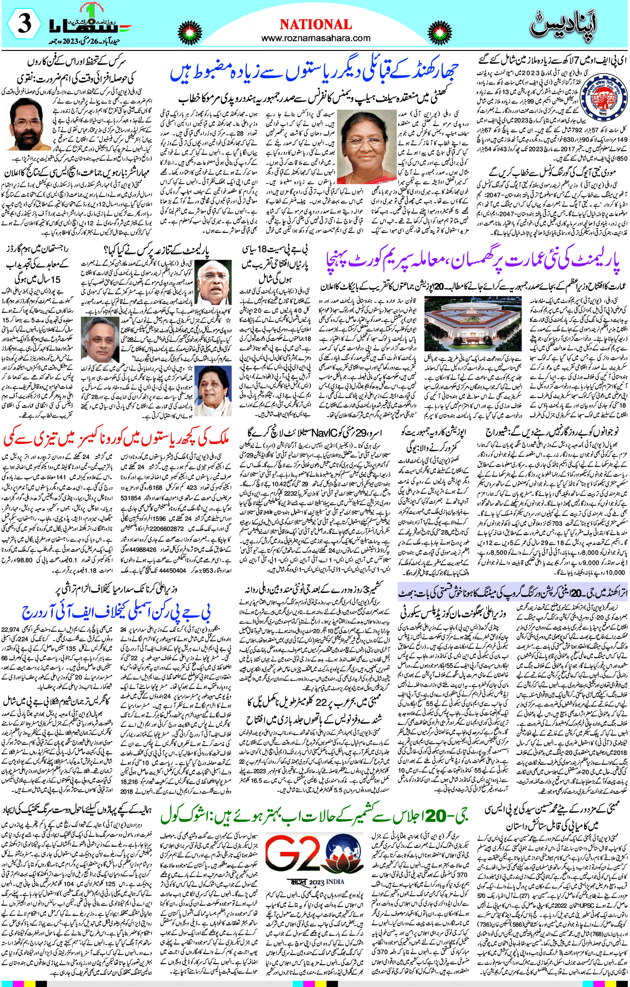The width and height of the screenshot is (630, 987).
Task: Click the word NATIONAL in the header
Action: pos(315,25)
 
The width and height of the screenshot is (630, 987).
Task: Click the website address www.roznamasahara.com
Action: pos(315,38)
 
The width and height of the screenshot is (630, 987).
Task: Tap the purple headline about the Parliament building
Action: pos(473,262)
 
